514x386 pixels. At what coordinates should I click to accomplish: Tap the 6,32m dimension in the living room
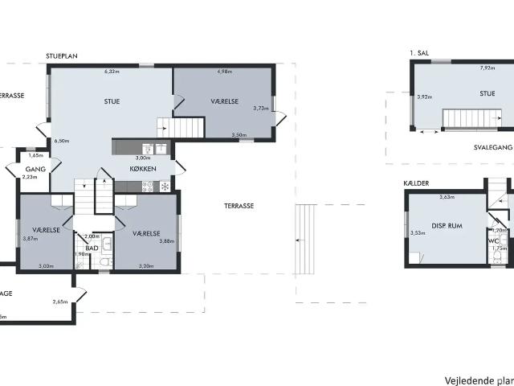[x=112, y=72]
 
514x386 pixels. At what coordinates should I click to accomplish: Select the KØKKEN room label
[x=143, y=169]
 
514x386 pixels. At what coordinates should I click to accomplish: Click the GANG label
[x=34, y=169]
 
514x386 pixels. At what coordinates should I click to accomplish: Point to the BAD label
[x=92, y=248]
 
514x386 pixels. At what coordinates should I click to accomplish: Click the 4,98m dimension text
[x=224, y=72]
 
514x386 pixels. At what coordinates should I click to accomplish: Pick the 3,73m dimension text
[x=260, y=108]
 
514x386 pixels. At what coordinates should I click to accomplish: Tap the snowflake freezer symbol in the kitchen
[x=165, y=187]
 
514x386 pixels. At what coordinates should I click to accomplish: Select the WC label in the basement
[x=493, y=240]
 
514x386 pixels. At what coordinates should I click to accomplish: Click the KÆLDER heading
[x=416, y=183]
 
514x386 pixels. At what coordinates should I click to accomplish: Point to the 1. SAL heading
[x=418, y=53]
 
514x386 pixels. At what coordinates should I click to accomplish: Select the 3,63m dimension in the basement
[x=447, y=196]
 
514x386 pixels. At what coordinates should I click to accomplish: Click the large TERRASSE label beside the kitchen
[x=239, y=206]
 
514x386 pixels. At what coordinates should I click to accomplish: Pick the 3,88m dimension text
[x=166, y=241]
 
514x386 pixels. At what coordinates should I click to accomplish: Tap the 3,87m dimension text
[x=31, y=238]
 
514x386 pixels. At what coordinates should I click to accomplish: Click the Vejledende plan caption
[x=479, y=380]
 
